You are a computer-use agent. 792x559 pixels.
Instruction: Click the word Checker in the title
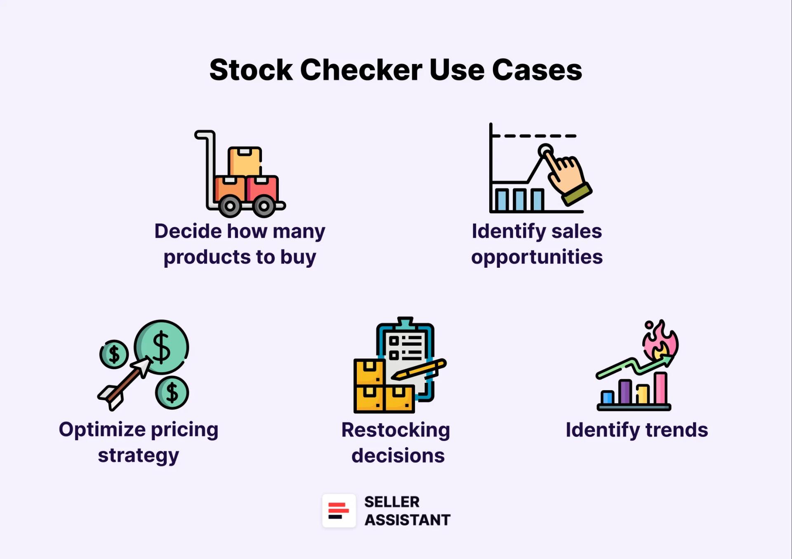point(361,70)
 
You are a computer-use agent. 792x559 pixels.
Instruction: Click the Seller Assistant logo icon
point(339,510)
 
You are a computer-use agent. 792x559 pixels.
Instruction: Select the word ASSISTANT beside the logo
point(407,520)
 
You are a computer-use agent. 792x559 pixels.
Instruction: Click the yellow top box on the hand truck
point(245,162)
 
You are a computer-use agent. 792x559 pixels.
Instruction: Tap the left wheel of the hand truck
point(230,205)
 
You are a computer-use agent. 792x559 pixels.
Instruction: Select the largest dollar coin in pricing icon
point(162,347)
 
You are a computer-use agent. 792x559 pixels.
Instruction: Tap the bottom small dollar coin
point(172,392)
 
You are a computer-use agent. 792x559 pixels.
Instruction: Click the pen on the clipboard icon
point(419,370)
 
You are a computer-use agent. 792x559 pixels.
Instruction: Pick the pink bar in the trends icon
point(660,388)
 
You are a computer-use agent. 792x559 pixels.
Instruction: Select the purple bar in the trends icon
point(625,392)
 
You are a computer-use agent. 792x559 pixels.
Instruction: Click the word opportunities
point(537,257)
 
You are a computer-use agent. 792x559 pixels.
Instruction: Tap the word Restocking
point(396,430)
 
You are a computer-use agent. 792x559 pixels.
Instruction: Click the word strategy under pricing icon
point(139,455)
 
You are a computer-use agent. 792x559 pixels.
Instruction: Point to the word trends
point(676,430)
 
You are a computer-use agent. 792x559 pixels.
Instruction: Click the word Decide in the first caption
point(188,231)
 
